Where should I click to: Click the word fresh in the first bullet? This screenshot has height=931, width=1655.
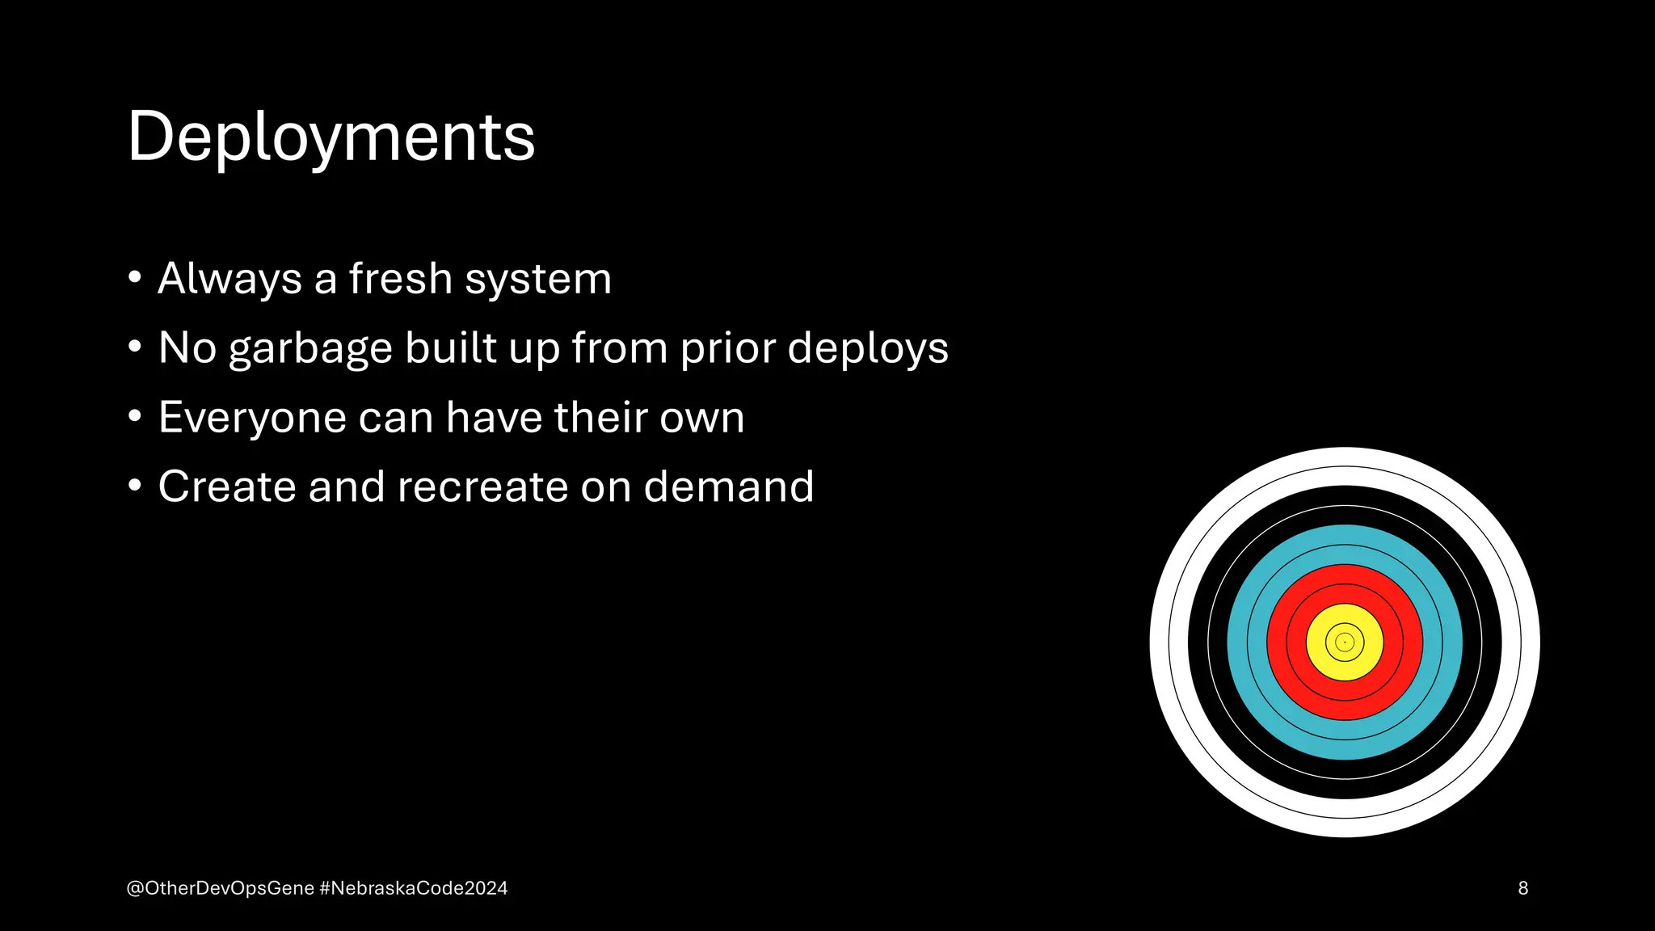[400, 279]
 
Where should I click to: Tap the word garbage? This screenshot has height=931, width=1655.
[310, 349]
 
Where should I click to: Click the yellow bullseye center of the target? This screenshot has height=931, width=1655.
[1345, 642]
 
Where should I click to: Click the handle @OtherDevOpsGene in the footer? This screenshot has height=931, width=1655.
[220, 888]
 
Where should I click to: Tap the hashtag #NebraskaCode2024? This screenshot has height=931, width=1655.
[414, 888]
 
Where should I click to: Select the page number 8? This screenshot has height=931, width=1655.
[1522, 888]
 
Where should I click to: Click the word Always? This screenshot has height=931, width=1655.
[230, 279]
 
